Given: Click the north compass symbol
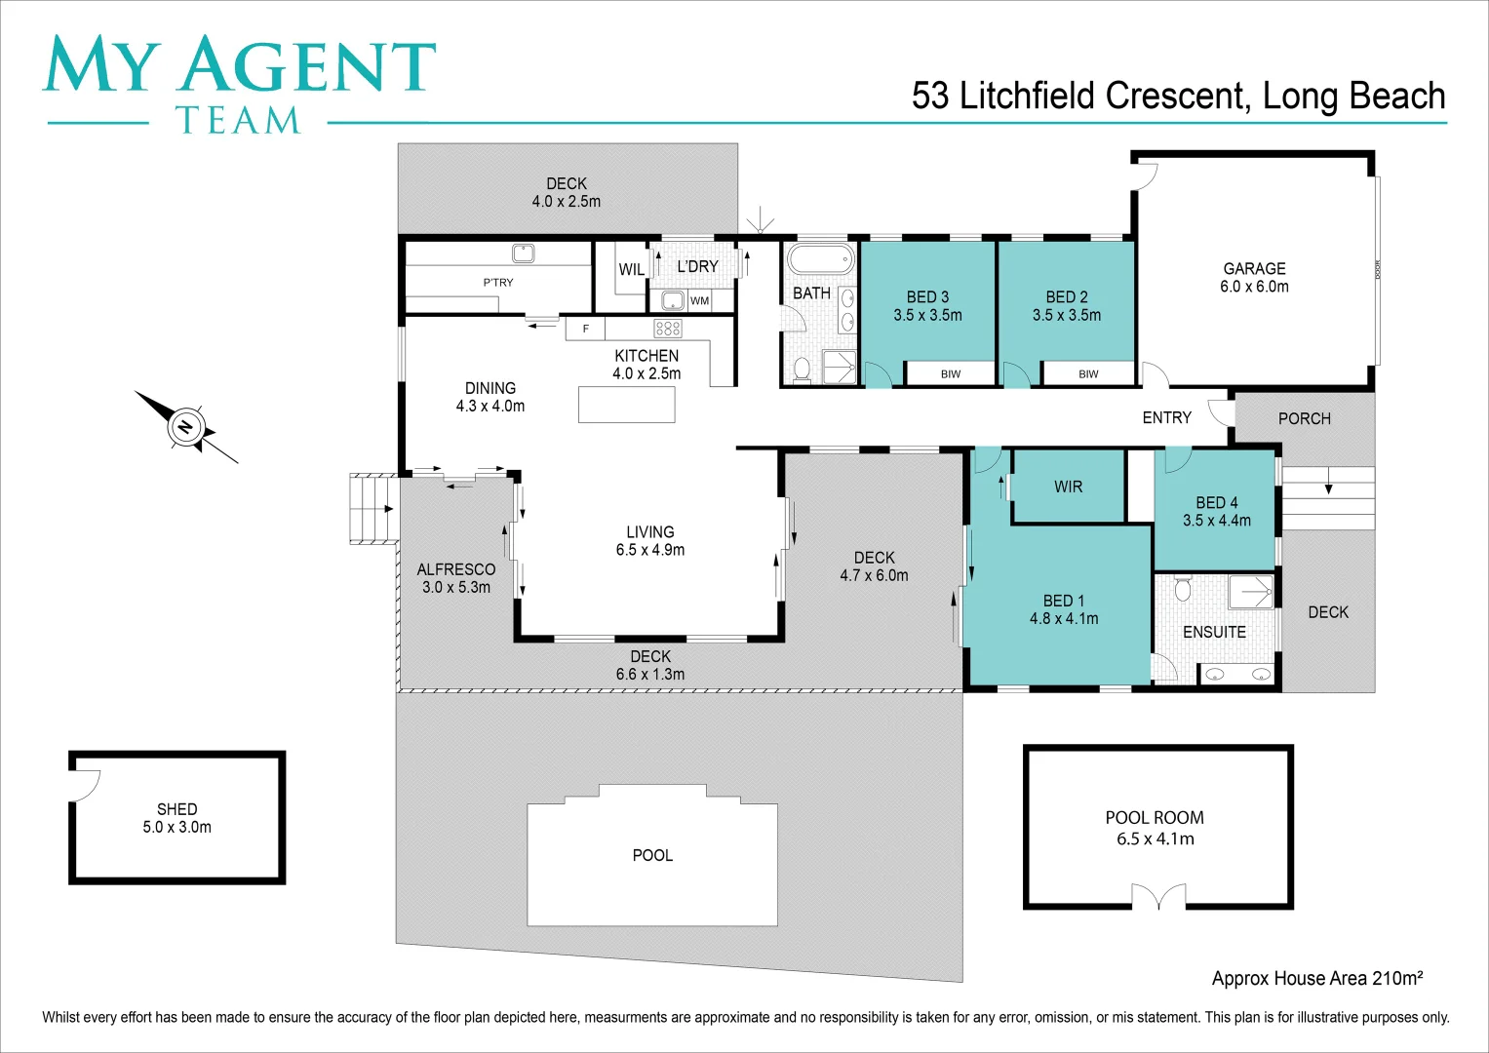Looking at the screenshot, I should (185, 427).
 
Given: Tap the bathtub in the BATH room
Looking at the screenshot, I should (820, 260).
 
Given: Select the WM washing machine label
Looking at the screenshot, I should (699, 301).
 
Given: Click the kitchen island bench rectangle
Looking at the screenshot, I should (626, 405).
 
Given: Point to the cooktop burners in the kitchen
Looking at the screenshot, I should (668, 329).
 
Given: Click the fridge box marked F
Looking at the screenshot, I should (585, 329).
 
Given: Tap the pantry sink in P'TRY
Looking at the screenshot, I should (524, 253).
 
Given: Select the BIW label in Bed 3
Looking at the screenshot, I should (951, 374).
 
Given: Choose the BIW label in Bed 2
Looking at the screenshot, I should (1088, 374).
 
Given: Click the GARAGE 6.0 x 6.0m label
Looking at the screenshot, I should (1254, 277).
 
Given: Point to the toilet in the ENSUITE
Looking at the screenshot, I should (1183, 589).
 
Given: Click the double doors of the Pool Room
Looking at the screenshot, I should (1158, 896).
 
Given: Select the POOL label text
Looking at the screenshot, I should (652, 855).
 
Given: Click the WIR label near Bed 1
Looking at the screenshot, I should (1068, 487).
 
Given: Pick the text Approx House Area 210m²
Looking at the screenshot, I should (1316, 978).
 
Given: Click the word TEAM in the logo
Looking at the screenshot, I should (238, 120).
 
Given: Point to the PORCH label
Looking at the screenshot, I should (1304, 418).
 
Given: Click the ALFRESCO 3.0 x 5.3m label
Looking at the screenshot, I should (455, 578).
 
